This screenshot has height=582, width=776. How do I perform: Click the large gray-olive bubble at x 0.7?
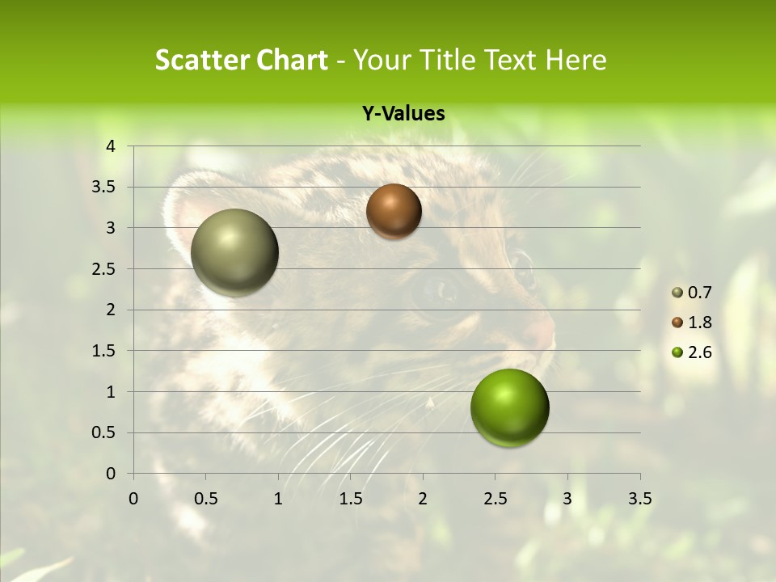[235, 252]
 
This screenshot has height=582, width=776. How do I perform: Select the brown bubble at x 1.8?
[394, 211]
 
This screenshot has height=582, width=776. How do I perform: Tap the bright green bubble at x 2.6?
[510, 407]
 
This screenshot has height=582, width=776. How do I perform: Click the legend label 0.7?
[700, 293]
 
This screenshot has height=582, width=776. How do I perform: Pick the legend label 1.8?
[700, 323]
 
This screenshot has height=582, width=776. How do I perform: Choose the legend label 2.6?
[700, 352]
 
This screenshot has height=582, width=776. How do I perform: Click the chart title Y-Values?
[403, 114]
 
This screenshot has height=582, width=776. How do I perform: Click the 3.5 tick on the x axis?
[640, 499]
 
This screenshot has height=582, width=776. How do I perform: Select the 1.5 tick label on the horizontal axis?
[351, 499]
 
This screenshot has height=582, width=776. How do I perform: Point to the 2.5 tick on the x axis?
[496, 499]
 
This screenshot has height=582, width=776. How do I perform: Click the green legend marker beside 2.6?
[677, 352]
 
